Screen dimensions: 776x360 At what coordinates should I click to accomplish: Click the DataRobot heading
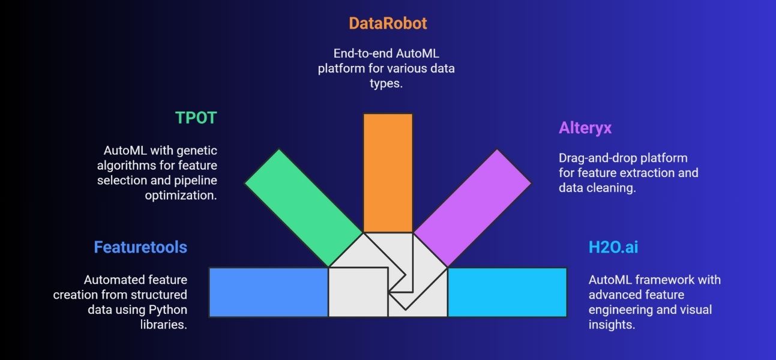[x=388, y=23]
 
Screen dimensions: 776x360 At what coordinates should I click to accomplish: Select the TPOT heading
[x=196, y=118]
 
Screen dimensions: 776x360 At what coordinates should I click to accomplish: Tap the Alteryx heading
[x=585, y=128]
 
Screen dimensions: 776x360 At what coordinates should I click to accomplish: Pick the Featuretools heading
[x=140, y=247]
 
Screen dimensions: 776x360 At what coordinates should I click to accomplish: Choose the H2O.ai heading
[x=613, y=247]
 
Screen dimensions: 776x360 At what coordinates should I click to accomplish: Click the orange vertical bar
[x=388, y=173]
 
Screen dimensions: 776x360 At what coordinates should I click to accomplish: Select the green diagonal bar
[x=304, y=208]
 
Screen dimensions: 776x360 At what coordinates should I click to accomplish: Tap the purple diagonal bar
[x=472, y=208]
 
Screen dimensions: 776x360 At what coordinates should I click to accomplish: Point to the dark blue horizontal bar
[x=268, y=292]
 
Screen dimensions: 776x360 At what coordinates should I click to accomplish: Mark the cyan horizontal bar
[x=507, y=292]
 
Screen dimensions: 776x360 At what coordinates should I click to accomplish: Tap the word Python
[x=167, y=310]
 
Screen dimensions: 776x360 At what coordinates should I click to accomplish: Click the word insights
[x=612, y=325]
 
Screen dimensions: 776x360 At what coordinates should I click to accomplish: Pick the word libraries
[x=163, y=325]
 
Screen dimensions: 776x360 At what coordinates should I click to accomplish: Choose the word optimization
[x=181, y=196]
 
